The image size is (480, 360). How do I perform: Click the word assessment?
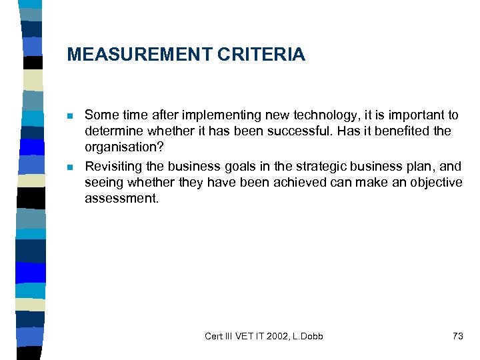121,198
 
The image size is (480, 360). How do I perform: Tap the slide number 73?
457,336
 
